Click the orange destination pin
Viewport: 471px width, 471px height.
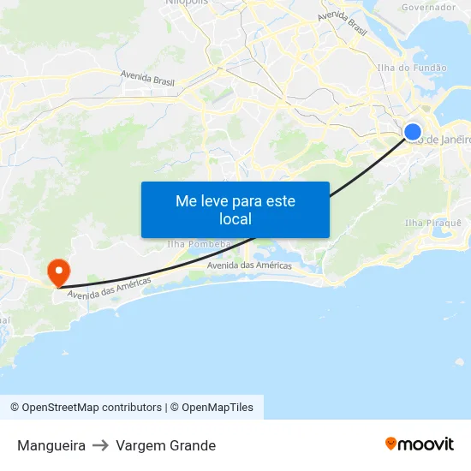pyautogui.click(x=58, y=272)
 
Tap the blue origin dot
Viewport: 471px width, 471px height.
pyautogui.click(x=413, y=132)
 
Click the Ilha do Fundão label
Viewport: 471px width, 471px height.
pyautogui.click(x=411, y=68)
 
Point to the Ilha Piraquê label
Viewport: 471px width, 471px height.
pyautogui.click(x=432, y=223)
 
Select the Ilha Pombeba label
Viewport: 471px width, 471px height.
pyautogui.click(x=199, y=244)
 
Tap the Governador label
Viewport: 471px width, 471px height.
pyautogui.click(x=428, y=7)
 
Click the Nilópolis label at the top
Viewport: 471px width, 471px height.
pyautogui.click(x=186, y=3)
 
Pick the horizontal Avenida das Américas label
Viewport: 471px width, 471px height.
pyautogui.click(x=249, y=265)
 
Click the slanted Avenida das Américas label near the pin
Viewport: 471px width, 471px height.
pyautogui.click(x=109, y=289)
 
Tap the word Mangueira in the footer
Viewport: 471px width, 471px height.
pyautogui.click(x=51, y=445)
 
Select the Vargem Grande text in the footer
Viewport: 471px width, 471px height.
pyautogui.click(x=166, y=445)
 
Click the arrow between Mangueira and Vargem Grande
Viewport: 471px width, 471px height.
pyautogui.click(x=101, y=445)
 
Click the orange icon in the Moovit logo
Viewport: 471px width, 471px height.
pyautogui.click(x=391, y=444)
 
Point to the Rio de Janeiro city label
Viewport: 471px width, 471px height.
pyautogui.click(x=444, y=140)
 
